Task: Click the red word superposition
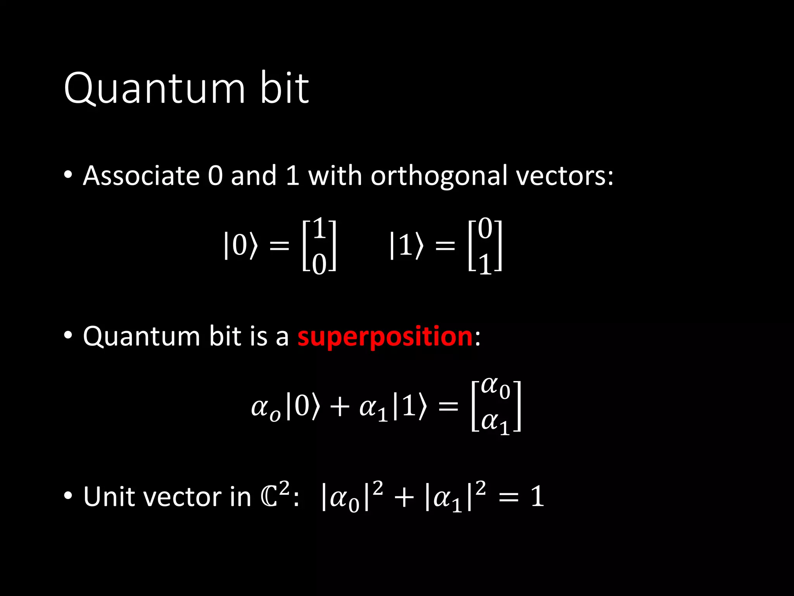coord(385,336)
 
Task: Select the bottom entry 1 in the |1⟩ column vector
coord(485,265)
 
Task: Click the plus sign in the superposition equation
coord(340,407)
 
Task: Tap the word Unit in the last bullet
coord(108,496)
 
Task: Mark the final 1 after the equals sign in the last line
coord(537,496)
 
